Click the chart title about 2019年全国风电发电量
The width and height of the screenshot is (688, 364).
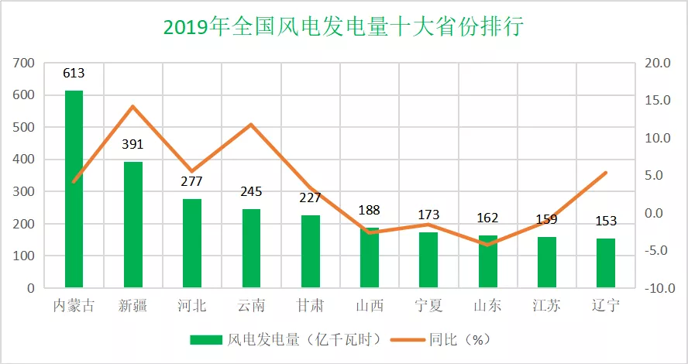point(344,27)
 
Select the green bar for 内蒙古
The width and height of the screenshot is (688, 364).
point(74,189)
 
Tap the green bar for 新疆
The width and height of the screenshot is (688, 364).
point(133,225)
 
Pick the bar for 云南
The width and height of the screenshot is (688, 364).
point(251,248)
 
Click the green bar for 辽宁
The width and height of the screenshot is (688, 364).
point(606,263)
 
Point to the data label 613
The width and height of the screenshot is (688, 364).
point(74,74)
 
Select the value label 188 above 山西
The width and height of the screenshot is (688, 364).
point(369,211)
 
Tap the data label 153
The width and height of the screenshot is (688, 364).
point(606,221)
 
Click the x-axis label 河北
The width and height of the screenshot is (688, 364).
point(191,306)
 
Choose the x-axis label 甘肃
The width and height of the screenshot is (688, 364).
point(310,306)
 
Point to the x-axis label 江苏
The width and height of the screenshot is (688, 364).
point(546,306)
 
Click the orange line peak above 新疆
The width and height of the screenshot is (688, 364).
point(133,106)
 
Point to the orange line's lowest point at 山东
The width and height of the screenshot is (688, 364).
point(487,245)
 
